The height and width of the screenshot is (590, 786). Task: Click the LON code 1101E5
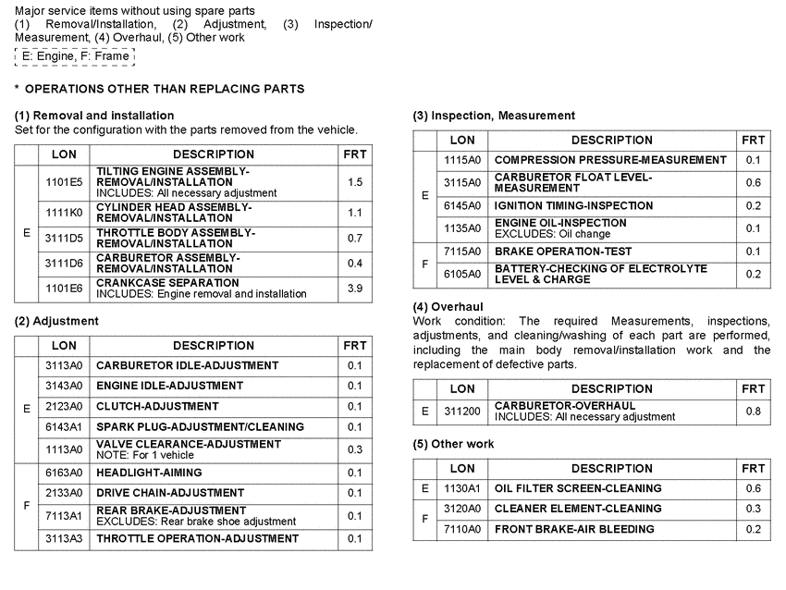coord(64,182)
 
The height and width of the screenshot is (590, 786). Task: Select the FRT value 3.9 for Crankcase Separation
coord(355,289)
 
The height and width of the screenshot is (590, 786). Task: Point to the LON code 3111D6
coord(64,264)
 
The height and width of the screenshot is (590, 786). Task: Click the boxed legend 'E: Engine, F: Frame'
coord(75,56)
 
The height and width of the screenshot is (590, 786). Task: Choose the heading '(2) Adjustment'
coord(56,321)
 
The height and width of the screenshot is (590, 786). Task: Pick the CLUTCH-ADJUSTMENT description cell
coord(157,407)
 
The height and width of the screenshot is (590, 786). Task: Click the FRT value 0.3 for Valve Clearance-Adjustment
coord(355,449)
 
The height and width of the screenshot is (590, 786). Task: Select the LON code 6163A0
coord(64,473)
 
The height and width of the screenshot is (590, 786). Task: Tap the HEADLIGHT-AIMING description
coord(149,473)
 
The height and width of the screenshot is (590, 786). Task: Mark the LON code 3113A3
coord(64,539)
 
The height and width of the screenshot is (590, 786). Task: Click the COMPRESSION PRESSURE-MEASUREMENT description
coord(610,161)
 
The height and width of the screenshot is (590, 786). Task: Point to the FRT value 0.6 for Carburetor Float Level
coord(753,182)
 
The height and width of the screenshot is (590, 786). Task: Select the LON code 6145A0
coord(462,205)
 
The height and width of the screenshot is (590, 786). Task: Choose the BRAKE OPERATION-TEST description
coord(563,252)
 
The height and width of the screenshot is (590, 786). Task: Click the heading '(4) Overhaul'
coord(448,306)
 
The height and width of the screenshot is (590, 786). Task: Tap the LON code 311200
coord(462,412)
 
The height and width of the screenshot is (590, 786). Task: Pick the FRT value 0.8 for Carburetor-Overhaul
coord(753,412)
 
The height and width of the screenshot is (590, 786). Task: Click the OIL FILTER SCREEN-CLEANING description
coord(578,488)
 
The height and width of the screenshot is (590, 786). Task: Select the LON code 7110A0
coord(462,530)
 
